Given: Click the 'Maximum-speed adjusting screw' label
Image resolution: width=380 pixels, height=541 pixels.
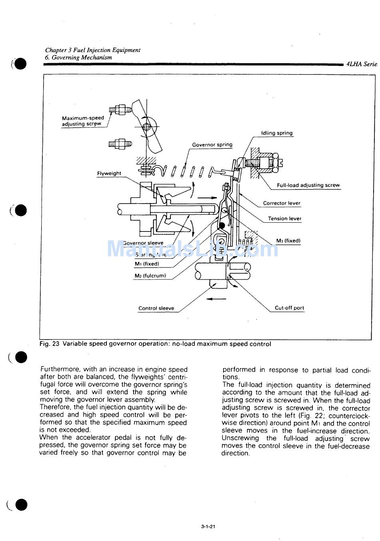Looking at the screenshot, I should [83, 121].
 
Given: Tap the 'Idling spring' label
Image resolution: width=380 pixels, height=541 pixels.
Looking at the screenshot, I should [277, 133].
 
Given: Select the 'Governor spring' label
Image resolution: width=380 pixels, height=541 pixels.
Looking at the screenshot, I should [212, 145].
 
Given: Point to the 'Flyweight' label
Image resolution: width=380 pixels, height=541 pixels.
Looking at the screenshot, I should [109, 174].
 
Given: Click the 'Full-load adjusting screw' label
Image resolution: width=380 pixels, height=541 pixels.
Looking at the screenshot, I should [308, 185].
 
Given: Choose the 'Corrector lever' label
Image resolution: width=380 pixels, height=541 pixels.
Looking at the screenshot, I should [282, 203].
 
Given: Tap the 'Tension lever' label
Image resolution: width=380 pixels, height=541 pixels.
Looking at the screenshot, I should [284, 219].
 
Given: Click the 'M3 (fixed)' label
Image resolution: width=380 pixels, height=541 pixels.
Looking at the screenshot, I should [288, 241].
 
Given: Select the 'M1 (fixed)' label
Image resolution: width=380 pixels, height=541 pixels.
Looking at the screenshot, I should [147, 264].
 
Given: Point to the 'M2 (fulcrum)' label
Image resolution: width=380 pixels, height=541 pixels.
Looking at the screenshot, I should [150, 275].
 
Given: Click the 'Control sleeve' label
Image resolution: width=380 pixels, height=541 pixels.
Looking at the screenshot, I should [156, 308].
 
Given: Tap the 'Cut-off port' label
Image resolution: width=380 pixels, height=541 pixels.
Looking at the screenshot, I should [289, 308].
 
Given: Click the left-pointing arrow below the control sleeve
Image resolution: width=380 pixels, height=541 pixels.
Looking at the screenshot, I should [216, 299].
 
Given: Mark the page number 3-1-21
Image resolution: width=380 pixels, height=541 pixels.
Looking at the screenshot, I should [208, 527].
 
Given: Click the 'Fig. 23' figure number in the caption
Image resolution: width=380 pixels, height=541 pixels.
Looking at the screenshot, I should [49, 344].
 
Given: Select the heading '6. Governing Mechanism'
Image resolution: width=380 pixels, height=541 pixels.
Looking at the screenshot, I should [78, 57].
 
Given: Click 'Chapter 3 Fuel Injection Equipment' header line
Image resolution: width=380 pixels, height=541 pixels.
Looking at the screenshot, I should [92, 50].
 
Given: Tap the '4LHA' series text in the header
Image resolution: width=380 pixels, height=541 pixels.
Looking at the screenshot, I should [354, 64].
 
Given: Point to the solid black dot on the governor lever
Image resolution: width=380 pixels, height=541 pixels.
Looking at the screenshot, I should [221, 226].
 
